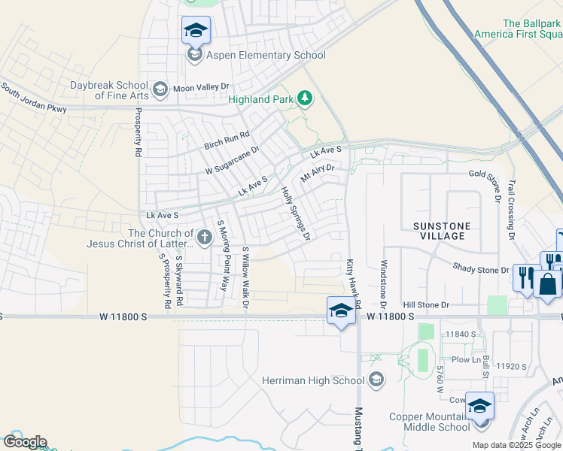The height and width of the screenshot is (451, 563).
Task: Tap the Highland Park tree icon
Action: click(x=305, y=98)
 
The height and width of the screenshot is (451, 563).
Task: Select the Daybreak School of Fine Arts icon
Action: click(x=160, y=90)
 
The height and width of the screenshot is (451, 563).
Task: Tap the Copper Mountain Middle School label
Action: click(x=429, y=422)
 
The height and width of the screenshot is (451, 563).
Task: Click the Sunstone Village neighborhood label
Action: click(x=442, y=231)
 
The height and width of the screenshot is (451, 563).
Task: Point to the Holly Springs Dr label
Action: click(x=296, y=214)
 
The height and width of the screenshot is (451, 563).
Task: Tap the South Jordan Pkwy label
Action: click(x=34, y=98)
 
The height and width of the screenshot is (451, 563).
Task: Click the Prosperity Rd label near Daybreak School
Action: click(x=138, y=132)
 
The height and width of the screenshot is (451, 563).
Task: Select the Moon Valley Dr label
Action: click(x=200, y=88)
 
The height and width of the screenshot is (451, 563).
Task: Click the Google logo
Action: click(x=24, y=442)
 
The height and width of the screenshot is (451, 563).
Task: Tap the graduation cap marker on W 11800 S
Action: click(x=340, y=310)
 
